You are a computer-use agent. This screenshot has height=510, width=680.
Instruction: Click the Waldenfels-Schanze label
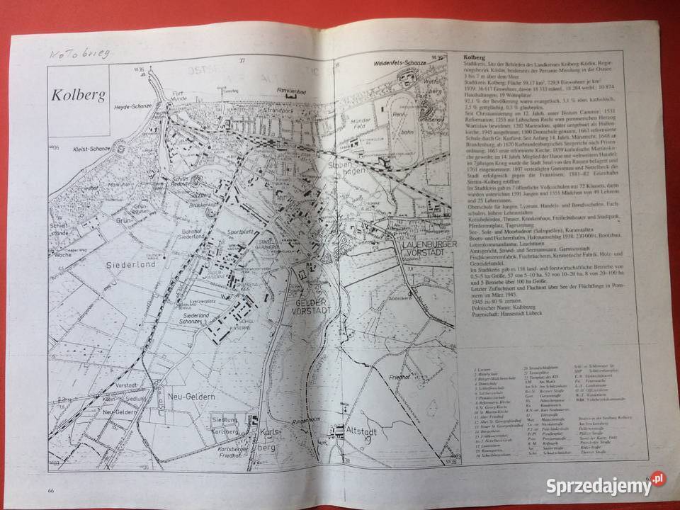[x=400, y=64]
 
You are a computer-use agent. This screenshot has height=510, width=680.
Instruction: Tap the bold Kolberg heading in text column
[x=472, y=59]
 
